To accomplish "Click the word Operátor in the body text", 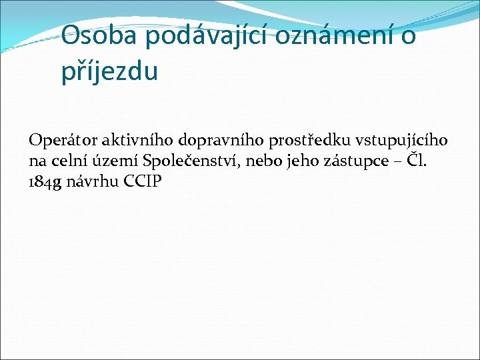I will click(63, 141).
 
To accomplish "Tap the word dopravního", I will click(220, 141).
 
